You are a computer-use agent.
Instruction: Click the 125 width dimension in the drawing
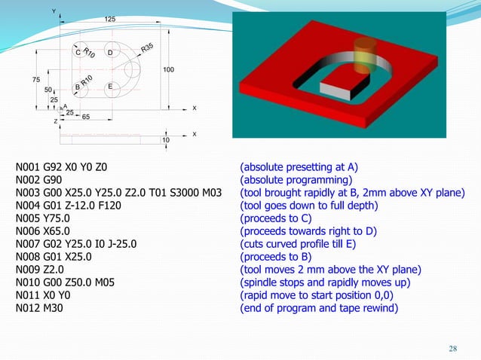coord(110,18)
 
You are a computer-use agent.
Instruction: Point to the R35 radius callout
coord(147,48)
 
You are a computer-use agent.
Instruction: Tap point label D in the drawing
coord(110,53)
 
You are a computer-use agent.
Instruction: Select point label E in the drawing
coord(110,87)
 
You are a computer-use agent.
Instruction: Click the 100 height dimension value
coord(168,69)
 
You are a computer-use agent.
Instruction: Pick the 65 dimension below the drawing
coord(87,117)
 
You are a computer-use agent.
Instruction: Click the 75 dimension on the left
coord(35,80)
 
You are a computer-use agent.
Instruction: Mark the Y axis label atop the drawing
coord(53,11)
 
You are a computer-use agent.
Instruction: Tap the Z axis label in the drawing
coord(55,121)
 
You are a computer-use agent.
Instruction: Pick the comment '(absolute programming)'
coord(296,181)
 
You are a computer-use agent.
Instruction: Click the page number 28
coord(452,347)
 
